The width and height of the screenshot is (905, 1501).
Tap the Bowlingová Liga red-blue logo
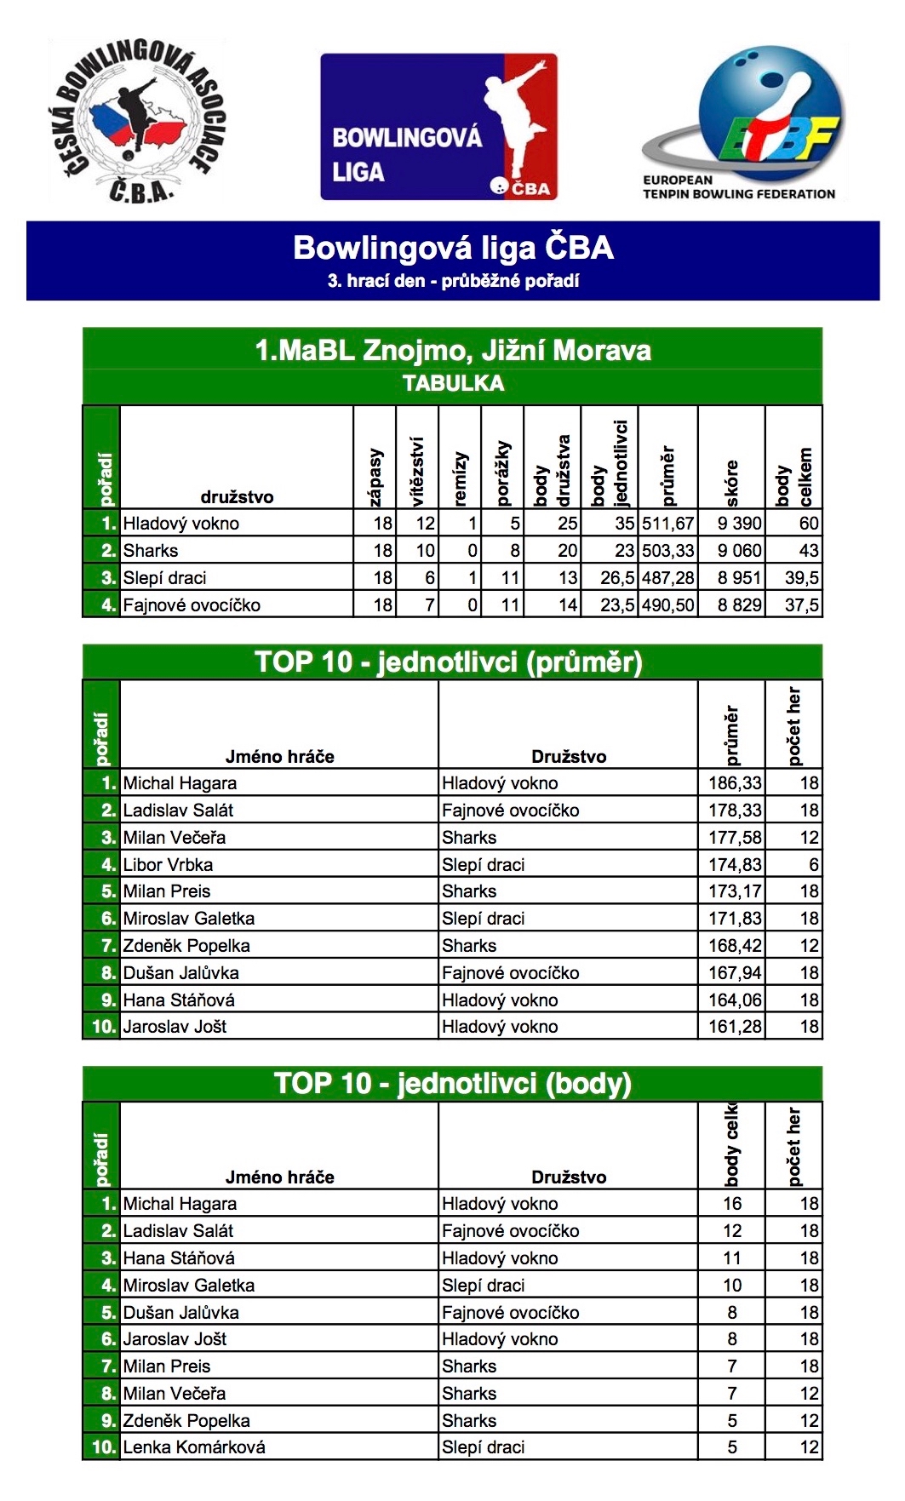[438, 127]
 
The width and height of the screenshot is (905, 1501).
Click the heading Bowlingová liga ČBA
[453, 248]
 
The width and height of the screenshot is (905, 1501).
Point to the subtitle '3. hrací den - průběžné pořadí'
[453, 281]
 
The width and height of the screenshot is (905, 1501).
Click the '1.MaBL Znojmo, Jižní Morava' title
[453, 350]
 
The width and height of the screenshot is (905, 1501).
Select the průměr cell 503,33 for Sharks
[668, 551]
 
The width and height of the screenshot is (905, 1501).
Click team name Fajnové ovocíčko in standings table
[192, 605]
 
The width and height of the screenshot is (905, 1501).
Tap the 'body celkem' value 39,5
[801, 578]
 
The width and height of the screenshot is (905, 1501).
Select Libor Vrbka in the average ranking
[168, 865]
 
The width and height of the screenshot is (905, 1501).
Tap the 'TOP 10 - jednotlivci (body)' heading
[453, 1083]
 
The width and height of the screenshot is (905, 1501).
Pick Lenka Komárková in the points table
[194, 1447]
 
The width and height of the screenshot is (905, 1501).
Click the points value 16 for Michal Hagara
[732, 1204]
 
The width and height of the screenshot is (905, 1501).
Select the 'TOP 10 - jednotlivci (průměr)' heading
[449, 662]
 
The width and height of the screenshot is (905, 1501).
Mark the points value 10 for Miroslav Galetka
[732, 1286]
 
